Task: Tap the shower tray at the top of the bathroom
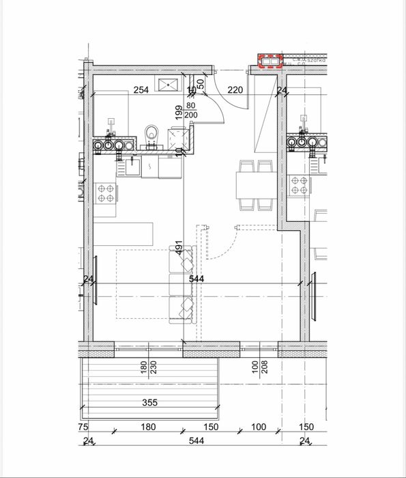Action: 167,84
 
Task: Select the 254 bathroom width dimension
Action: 141,90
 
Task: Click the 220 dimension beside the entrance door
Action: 235,90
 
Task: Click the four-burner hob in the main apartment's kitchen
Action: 105,193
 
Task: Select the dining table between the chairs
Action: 255,184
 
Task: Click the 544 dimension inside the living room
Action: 197,278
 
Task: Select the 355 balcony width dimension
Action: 149,403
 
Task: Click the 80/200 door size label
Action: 190,111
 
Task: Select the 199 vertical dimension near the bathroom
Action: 179,113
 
